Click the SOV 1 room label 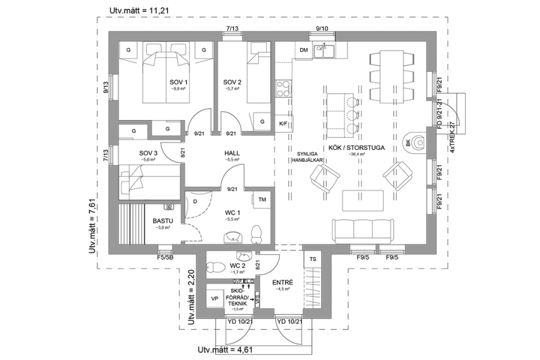coord(179,82)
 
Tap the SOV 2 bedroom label coord(232,82)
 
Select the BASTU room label coord(162,221)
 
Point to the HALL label coord(232,153)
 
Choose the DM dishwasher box coord(304,50)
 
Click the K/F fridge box coord(283,123)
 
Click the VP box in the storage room coord(215,299)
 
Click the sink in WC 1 coord(233,235)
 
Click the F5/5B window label coord(164,257)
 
